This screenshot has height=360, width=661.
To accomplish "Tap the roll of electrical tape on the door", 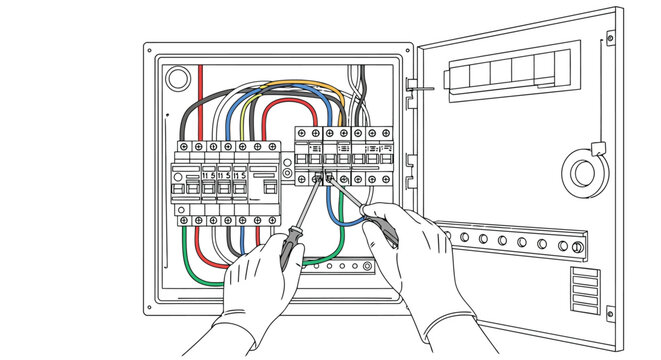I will click(584, 171).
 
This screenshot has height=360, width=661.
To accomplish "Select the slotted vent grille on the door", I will click(585, 290).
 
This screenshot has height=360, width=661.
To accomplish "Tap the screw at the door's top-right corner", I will click(609, 38).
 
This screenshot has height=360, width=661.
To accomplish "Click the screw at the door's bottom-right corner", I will click(610, 314).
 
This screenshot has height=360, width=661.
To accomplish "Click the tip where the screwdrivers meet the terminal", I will click(322, 178).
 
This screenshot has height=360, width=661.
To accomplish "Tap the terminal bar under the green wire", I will click(340, 267).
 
